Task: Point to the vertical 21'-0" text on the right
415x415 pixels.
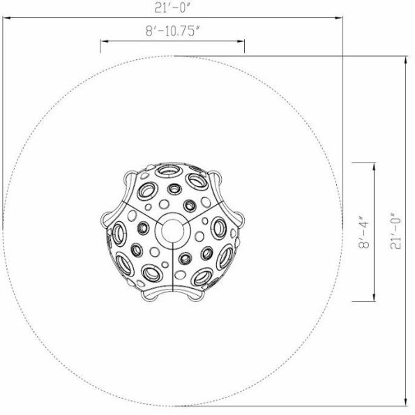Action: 396,231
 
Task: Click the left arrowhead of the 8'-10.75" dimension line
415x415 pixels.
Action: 103,41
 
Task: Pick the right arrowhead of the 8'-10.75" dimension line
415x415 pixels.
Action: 243,41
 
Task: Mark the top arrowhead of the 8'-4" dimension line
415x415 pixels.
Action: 375,165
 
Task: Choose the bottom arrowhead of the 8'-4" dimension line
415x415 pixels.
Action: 375,299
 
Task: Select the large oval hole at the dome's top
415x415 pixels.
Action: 169,170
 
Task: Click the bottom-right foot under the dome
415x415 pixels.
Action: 195,296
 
